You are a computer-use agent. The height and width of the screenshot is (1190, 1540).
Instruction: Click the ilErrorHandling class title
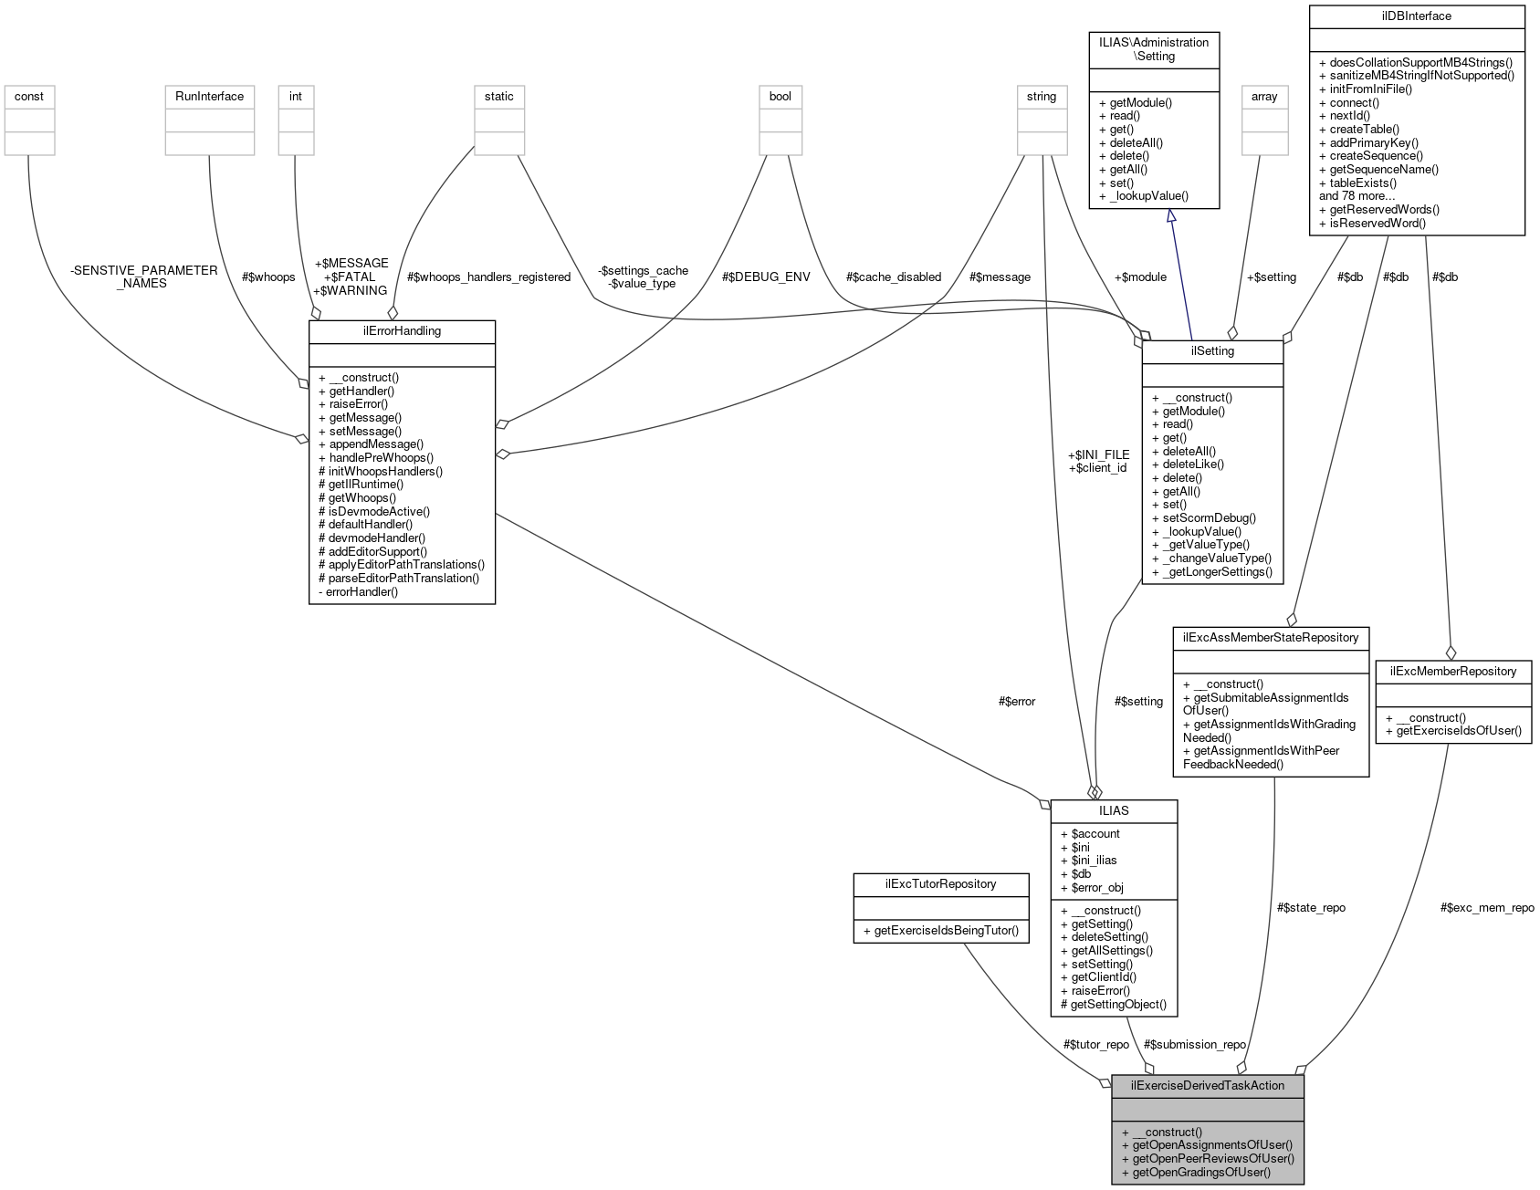click(x=402, y=331)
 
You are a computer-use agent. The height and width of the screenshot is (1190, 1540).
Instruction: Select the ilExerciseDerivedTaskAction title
click(x=1207, y=1085)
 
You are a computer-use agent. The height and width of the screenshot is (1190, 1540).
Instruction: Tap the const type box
click(x=29, y=97)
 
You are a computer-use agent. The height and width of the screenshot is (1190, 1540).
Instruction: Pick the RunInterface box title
click(x=209, y=97)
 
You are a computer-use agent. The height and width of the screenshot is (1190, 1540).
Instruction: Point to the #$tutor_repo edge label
click(x=1095, y=1044)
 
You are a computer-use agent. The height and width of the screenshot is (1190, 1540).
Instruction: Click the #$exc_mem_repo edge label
click(x=1486, y=907)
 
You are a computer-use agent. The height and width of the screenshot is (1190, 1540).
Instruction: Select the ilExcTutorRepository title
click(x=940, y=883)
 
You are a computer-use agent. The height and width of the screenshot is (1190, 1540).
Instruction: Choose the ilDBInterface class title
click(x=1417, y=16)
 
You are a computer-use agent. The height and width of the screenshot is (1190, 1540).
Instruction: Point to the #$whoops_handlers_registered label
click(x=488, y=277)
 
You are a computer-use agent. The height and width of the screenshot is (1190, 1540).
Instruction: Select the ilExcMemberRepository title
click(x=1452, y=671)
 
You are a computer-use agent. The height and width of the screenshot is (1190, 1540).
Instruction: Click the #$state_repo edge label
click(x=1310, y=907)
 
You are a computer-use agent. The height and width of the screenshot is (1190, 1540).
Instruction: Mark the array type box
click(x=1264, y=97)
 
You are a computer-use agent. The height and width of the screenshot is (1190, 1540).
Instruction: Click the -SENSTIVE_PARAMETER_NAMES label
click(x=143, y=277)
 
